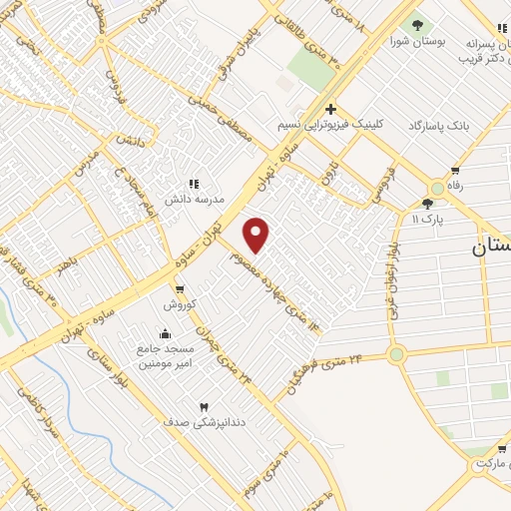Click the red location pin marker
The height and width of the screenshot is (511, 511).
click(x=256, y=234)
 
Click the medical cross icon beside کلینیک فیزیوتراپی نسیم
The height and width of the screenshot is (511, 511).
click(x=330, y=109)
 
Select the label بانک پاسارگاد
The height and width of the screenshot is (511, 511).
click(x=438, y=126)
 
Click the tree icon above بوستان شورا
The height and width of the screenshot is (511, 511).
click(x=417, y=24)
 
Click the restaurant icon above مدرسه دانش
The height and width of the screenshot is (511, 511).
click(x=194, y=185)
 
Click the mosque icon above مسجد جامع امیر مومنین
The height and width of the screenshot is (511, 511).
click(x=165, y=333)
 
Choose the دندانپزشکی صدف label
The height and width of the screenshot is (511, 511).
click(x=204, y=422)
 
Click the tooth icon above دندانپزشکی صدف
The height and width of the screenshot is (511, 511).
click(x=205, y=406)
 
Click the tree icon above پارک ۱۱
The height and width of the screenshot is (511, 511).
click(x=427, y=203)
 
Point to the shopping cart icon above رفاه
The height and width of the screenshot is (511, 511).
click(x=456, y=171)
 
